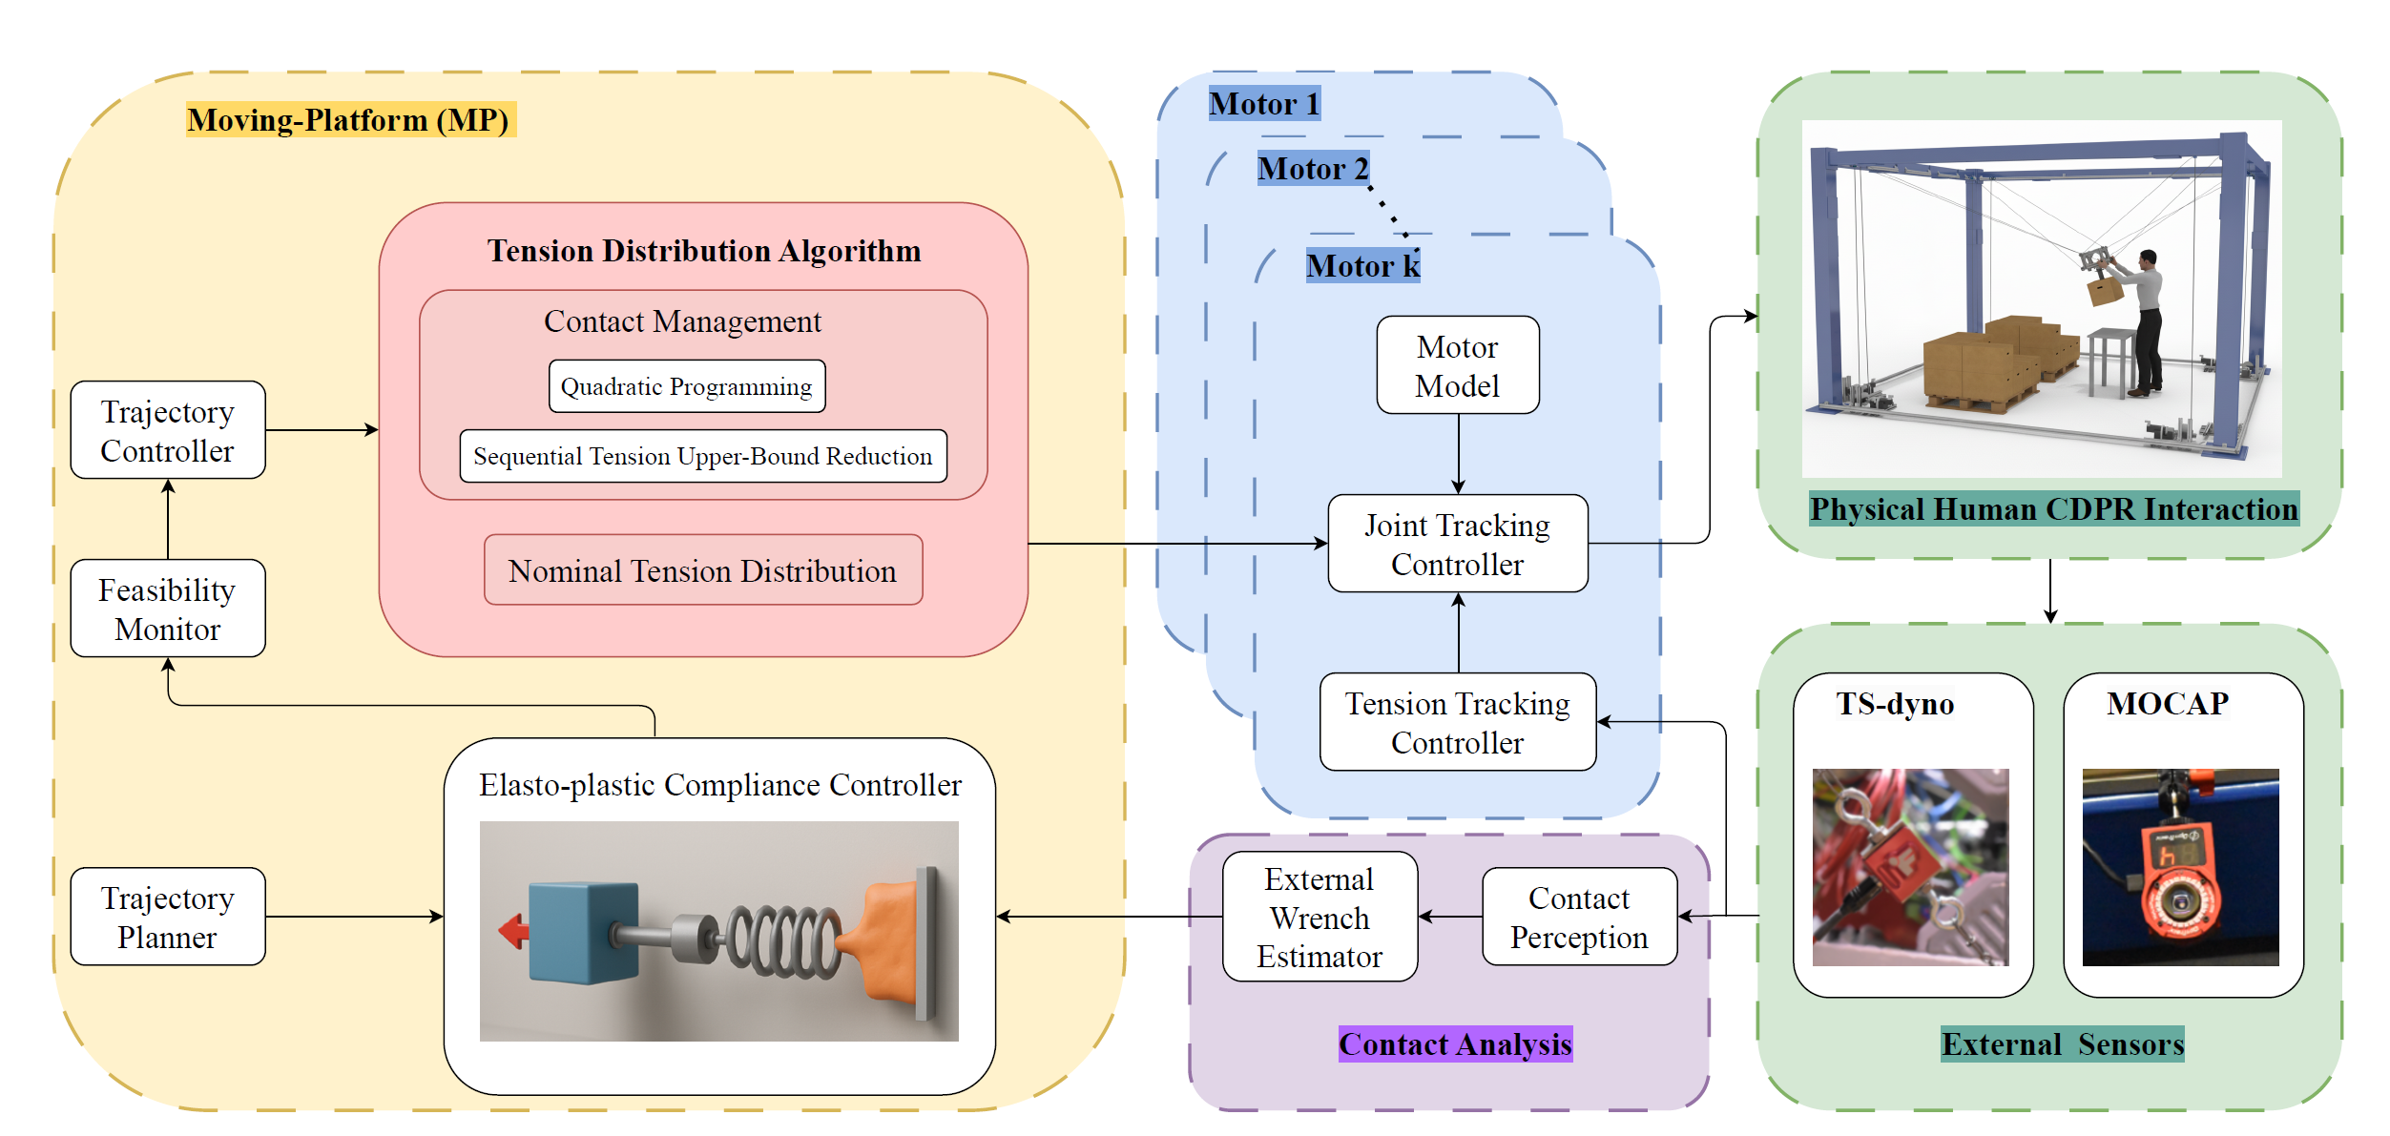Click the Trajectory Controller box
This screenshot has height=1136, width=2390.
pos(168,430)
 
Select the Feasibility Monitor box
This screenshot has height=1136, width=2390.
pos(168,609)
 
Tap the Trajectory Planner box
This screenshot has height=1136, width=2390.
pos(168,917)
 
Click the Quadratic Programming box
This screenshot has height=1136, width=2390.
pos(687,386)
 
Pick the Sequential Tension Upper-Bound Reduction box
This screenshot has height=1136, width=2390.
pos(703,456)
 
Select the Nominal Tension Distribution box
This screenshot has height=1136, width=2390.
pos(703,570)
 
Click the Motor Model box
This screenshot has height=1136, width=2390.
pos(1457,365)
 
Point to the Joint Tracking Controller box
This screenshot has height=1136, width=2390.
pos(1457,544)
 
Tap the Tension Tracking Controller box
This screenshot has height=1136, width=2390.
pos(1457,722)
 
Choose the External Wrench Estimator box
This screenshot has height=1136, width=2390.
pos(1320,917)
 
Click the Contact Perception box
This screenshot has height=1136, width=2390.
pos(1579,917)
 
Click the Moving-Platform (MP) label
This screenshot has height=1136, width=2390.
pos(349,120)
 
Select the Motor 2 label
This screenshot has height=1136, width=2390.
pos(1313,169)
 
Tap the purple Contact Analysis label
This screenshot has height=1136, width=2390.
pos(1455,1044)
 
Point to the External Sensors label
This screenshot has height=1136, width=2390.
pos(2062,1044)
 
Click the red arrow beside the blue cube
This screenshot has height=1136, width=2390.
pos(514,930)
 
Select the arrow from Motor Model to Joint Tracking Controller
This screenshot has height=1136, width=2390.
pos(1458,453)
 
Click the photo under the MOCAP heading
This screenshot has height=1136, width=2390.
pos(2180,867)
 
